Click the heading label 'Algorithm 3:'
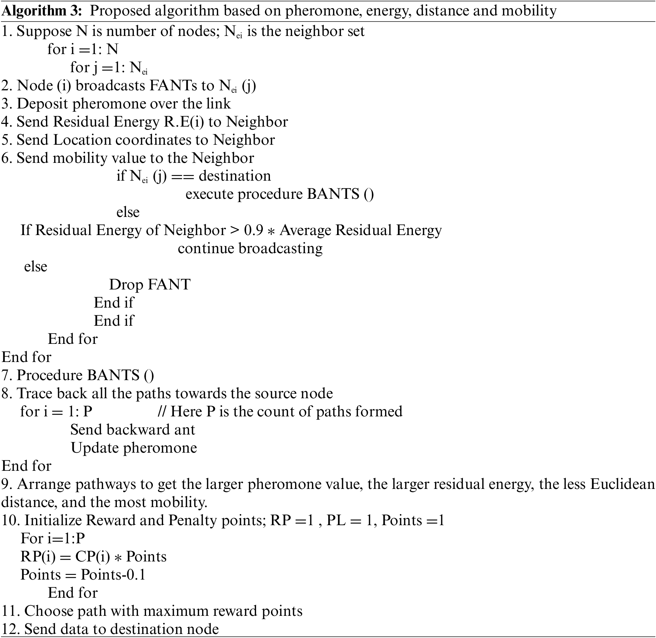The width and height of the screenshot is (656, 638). (x=42, y=11)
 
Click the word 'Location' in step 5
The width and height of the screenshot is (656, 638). (x=82, y=140)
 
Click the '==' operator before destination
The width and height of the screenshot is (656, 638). (x=183, y=176)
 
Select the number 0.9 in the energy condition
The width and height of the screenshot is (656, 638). (x=254, y=231)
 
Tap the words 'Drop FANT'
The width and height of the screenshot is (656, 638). (x=150, y=285)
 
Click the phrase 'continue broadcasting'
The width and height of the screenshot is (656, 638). (x=250, y=249)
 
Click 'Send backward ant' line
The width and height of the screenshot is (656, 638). (x=133, y=430)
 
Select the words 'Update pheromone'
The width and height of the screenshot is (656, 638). (x=134, y=448)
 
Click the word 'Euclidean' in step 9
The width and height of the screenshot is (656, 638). (x=622, y=484)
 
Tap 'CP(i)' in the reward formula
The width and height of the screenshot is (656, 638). (x=92, y=557)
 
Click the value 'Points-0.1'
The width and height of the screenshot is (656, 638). (x=113, y=575)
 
